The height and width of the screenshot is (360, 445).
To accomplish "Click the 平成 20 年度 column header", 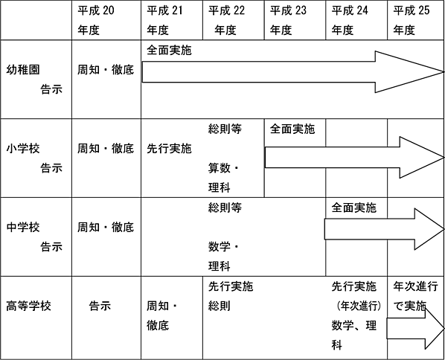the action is [x=96, y=20].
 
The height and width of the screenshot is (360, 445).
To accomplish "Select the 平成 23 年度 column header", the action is [x=288, y=20].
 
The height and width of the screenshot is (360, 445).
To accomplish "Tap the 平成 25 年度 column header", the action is [x=412, y=20].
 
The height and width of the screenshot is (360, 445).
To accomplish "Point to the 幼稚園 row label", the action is [x=23, y=70].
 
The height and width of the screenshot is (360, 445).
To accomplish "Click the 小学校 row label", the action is [x=23, y=148].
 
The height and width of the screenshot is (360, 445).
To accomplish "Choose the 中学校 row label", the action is [x=23, y=228].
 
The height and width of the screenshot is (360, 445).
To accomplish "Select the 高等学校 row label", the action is [x=29, y=306].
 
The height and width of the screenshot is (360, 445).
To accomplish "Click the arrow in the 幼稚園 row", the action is [x=292, y=71].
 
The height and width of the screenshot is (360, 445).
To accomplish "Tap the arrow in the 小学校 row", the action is [x=354, y=158].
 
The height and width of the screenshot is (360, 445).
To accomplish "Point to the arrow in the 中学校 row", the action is [x=384, y=229].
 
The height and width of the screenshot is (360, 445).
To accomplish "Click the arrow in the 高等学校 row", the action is [x=415, y=329].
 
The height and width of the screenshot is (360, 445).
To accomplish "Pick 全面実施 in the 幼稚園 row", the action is [x=169, y=51].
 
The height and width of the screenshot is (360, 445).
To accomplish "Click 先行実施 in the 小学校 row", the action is [x=169, y=148].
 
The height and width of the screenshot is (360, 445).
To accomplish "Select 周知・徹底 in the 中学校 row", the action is [x=106, y=228].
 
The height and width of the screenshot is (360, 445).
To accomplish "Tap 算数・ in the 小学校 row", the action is [x=224, y=168].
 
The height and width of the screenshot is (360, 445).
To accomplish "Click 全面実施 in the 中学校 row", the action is [x=354, y=208].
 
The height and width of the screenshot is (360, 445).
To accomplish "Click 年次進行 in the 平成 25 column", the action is [x=415, y=286].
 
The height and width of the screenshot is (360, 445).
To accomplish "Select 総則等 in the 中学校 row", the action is [x=225, y=208].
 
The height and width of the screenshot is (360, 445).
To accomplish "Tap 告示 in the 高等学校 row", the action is [x=100, y=306].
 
